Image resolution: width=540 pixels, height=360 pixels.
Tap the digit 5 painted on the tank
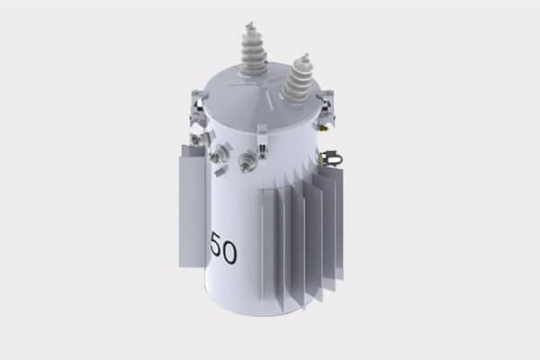[216, 245]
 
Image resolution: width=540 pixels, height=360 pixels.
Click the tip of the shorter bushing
[306, 55]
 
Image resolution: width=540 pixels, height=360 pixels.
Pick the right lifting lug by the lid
[328, 107]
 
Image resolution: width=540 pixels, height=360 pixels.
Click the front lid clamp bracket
[262, 141]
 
